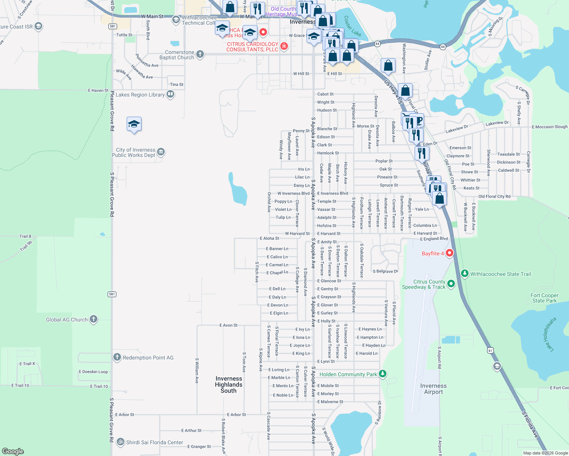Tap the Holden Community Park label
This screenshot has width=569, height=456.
(348, 374)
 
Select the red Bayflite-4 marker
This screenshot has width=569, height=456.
(450, 253)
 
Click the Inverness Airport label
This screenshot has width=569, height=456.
(433, 389)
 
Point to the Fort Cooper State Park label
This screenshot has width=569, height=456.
(544, 298)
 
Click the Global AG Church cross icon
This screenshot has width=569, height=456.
(94, 319)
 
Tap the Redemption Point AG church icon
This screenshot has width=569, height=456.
(117, 357)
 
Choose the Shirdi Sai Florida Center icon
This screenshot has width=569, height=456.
(121, 442)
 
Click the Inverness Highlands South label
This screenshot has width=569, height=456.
(229, 385)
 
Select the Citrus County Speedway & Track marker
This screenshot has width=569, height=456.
(451, 283)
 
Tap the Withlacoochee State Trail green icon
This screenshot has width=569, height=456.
(464, 274)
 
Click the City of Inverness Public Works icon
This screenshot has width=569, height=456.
(161, 152)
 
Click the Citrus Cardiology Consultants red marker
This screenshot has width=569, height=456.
(284, 46)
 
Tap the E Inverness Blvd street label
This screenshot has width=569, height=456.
(332, 193)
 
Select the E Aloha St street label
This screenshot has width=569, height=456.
(269, 238)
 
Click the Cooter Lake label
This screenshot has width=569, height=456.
(352, 26)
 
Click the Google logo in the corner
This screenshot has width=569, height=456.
(13, 451)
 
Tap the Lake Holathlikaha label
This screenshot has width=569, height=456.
(551, 334)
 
